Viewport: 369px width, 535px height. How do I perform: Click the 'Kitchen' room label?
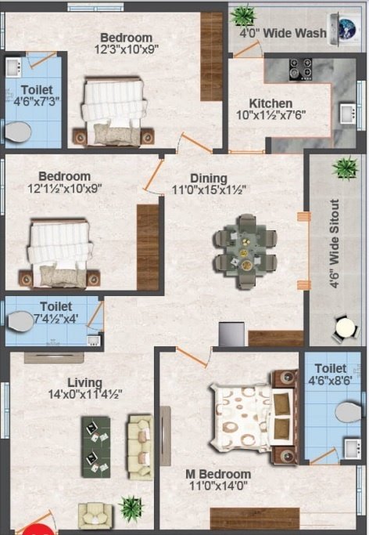click(x=270, y=103)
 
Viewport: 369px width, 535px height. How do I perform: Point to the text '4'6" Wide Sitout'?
click(x=335, y=244)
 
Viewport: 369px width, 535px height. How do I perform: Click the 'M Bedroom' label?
click(x=218, y=474)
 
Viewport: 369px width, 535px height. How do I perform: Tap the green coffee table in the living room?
click(x=96, y=446)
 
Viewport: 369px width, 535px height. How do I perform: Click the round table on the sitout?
click(x=344, y=328)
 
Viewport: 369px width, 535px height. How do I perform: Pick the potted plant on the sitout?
click(x=344, y=168)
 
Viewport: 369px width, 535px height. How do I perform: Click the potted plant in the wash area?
click(x=244, y=14)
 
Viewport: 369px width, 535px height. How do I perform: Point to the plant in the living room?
click(x=130, y=507)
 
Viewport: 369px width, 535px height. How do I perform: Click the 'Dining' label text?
click(x=209, y=178)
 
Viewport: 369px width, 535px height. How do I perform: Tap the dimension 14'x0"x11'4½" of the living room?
click(x=82, y=395)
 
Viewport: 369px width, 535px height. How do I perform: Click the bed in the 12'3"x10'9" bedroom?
click(x=113, y=108)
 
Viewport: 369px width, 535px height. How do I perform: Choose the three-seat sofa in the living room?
click(x=140, y=446)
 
